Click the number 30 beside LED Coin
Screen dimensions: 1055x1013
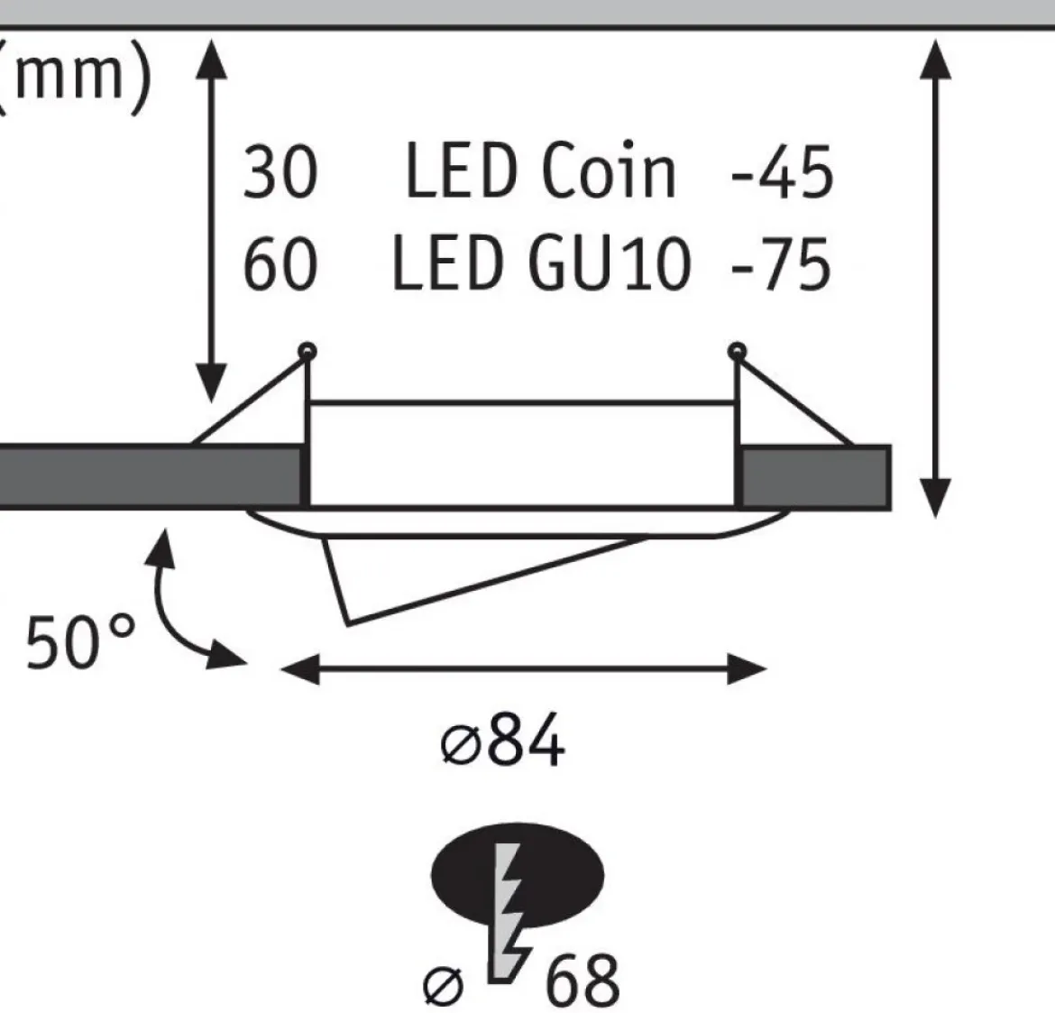(280, 173)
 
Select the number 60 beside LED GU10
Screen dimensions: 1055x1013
(280, 264)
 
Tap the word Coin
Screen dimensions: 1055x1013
(608, 170)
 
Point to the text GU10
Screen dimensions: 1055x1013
(610, 263)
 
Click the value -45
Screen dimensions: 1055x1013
(782, 172)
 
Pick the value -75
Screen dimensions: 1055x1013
(781, 264)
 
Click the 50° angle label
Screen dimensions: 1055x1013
(80, 642)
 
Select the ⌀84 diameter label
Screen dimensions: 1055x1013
(502, 740)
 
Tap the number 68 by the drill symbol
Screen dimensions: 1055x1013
(582, 979)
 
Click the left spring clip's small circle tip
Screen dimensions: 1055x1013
(307, 352)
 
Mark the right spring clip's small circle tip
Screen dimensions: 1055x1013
(738, 352)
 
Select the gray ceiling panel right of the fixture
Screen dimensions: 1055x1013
(816, 476)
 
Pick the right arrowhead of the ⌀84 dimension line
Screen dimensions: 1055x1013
(747, 669)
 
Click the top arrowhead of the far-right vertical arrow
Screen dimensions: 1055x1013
(935, 60)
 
